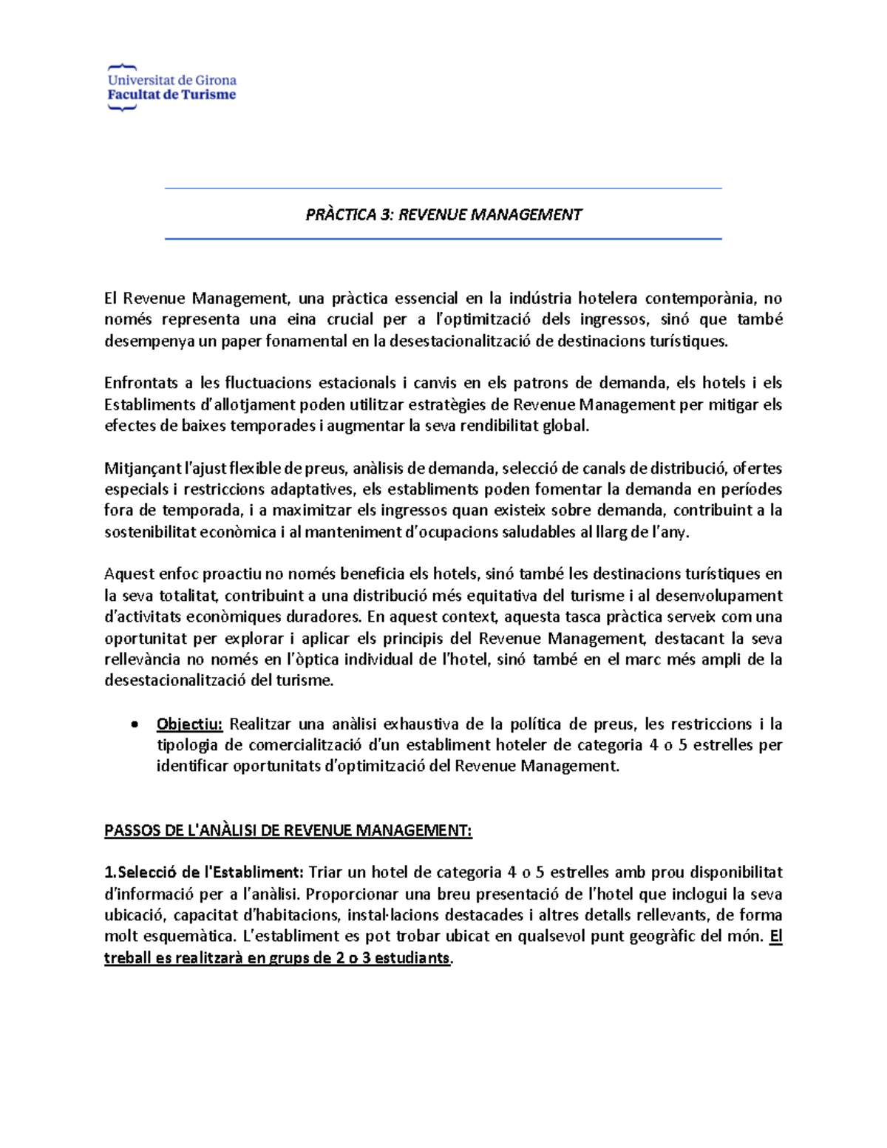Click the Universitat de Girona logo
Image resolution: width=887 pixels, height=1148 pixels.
tap(171, 87)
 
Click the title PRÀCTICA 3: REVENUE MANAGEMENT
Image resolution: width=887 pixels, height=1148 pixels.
tap(443, 214)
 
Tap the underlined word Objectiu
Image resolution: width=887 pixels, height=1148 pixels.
tap(189, 724)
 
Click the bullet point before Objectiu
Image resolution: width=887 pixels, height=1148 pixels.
tap(134, 724)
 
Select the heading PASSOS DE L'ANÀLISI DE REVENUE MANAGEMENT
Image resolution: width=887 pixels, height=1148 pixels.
tap(288, 830)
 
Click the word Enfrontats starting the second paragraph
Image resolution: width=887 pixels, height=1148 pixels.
tap(141, 383)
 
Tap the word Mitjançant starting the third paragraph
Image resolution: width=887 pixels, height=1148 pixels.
tap(143, 468)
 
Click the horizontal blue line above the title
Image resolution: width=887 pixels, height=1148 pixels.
tap(443, 189)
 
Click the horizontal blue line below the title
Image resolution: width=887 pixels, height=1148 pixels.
tap(443, 239)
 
